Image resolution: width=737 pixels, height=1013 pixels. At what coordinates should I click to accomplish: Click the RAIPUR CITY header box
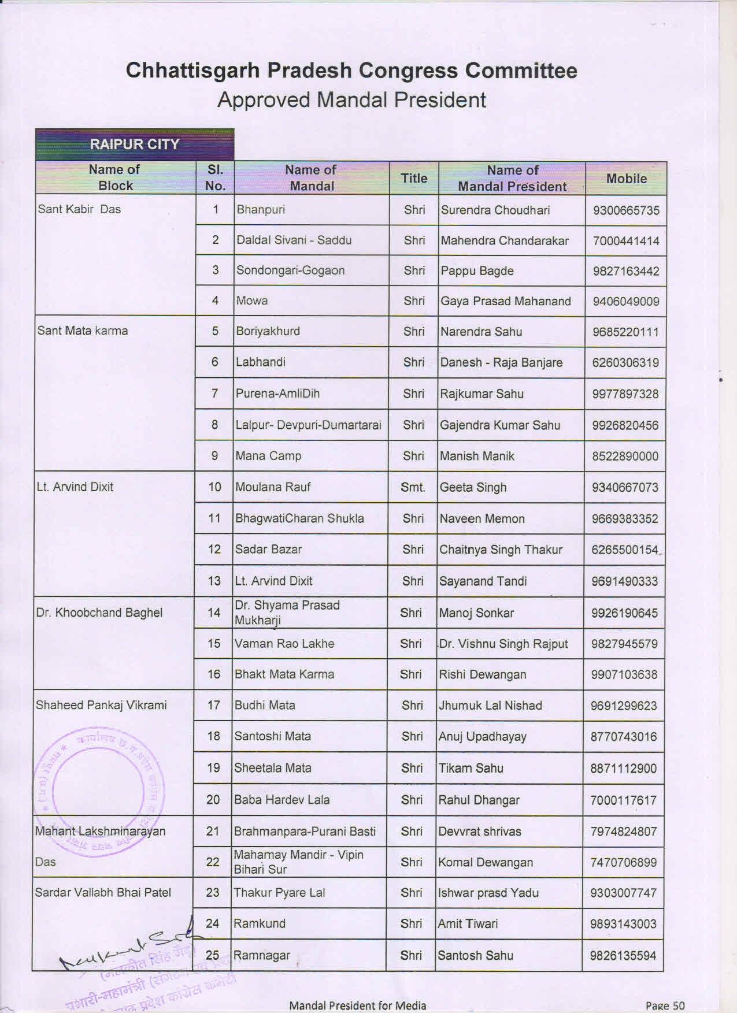(135, 144)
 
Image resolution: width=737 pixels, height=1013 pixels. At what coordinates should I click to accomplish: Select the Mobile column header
(626, 179)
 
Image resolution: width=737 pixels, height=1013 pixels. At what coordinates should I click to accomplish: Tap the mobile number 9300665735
(626, 210)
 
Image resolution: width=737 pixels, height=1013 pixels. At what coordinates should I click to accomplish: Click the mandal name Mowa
(252, 300)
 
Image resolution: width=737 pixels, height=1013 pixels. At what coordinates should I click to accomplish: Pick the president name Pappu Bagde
(477, 271)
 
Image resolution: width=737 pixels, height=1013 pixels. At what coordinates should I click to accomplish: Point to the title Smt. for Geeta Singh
(413, 487)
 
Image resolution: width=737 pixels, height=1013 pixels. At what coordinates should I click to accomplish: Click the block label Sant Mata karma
(83, 331)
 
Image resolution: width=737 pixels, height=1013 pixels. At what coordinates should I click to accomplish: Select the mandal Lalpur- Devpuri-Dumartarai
(308, 425)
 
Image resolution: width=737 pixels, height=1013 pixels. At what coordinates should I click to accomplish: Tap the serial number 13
(214, 581)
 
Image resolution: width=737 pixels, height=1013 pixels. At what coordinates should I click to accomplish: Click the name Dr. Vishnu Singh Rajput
(503, 644)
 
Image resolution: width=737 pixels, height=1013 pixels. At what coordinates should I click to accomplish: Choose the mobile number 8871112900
(623, 769)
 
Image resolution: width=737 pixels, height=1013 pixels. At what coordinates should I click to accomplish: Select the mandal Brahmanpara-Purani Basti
(305, 832)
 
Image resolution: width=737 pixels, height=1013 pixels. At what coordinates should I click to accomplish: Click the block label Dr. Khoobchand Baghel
(99, 613)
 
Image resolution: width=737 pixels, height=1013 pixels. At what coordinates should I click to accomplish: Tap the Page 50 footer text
(665, 1005)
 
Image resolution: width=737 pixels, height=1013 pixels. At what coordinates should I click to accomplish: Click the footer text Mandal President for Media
(357, 1005)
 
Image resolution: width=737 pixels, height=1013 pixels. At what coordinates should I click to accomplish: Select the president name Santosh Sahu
(475, 955)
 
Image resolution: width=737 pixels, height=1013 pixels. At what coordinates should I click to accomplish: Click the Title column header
(414, 179)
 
